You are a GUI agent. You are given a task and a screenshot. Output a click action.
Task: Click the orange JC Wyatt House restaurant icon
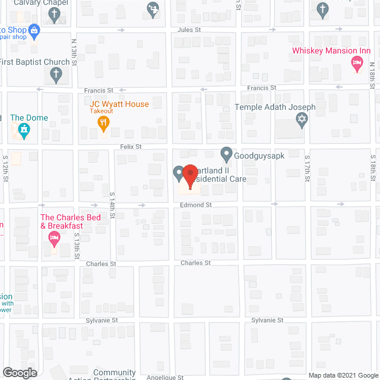(103, 123)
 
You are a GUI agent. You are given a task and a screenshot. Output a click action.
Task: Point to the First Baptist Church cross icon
(55, 75)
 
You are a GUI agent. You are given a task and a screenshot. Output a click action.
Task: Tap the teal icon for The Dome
(24, 131)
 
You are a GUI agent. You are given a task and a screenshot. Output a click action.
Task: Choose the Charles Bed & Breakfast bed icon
(54, 239)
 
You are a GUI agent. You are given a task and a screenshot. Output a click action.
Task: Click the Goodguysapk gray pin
(226, 154)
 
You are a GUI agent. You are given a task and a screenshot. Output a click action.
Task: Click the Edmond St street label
(196, 205)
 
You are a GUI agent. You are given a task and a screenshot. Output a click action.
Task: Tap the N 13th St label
(74, 51)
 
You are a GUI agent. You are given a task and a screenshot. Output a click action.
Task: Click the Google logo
(20, 373)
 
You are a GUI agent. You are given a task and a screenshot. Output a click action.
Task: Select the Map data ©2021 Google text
(342, 375)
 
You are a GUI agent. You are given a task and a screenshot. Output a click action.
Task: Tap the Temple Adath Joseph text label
(275, 107)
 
